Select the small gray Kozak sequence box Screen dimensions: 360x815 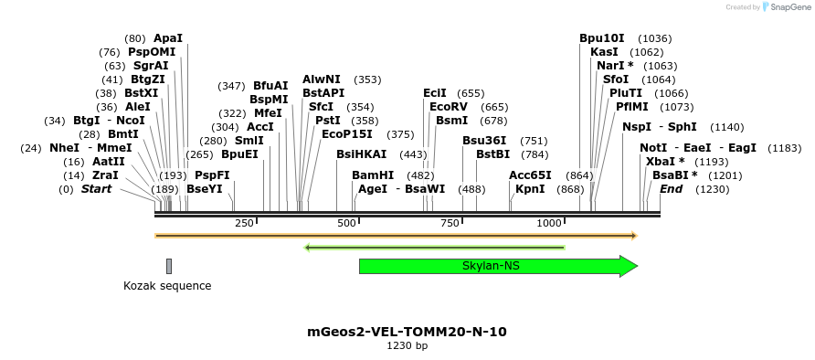(169, 266)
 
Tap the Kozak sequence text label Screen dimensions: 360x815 (167, 286)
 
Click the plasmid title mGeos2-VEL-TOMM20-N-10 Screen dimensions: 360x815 (407, 332)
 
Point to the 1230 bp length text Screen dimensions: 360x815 (407, 346)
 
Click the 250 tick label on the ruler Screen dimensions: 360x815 (244, 224)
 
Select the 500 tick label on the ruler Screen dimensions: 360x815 (346, 224)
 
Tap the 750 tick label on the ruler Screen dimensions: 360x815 (450, 224)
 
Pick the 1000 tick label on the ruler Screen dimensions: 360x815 (549, 224)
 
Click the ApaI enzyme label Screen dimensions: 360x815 (168, 38)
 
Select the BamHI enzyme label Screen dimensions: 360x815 (373, 175)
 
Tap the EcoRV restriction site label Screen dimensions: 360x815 (448, 107)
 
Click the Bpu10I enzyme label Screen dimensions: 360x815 (602, 38)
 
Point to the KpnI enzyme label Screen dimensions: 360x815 (530, 189)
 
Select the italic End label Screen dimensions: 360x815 (671, 189)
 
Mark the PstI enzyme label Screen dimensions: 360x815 (327, 121)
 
